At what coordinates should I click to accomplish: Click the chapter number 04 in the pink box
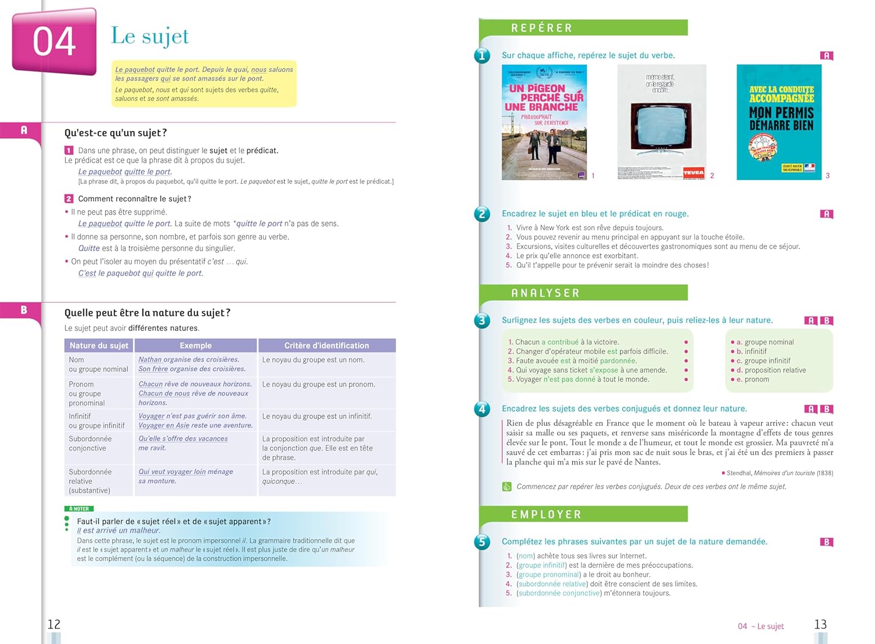pos(54,42)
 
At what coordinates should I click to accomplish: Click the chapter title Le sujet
pos(150,36)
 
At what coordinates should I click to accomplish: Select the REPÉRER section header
pos(541,28)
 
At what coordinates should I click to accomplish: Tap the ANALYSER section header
pos(545,293)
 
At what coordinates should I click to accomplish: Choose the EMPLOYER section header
pos(546,515)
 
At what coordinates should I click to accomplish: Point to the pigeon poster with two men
pos(544,122)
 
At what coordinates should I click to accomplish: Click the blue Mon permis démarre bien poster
pos(779,122)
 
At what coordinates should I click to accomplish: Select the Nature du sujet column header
pos(99,346)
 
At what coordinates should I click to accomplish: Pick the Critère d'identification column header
pos(326,346)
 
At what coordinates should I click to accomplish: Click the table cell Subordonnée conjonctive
pos(87,444)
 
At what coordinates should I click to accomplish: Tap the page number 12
pos(54,624)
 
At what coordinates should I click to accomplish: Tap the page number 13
pos(820,624)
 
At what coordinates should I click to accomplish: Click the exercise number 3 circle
pos(482,321)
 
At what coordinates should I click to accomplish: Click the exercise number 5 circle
pos(482,542)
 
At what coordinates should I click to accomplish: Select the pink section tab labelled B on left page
pos(23,310)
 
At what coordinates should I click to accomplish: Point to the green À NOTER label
pos(79,509)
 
